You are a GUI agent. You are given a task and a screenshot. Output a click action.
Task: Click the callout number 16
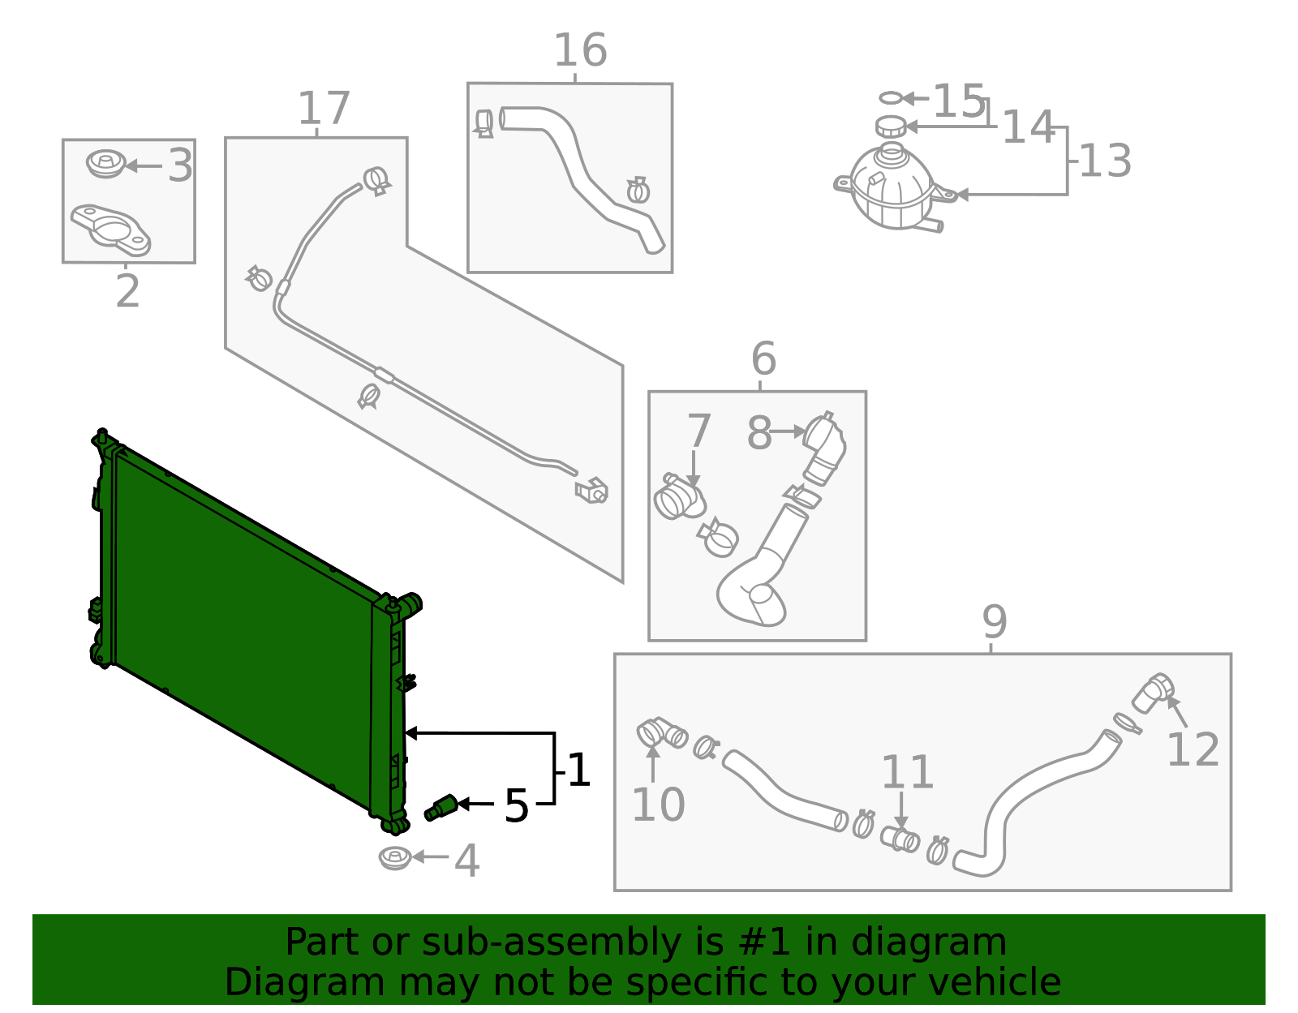[579, 51]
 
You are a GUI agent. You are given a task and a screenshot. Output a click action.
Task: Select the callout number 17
[324, 109]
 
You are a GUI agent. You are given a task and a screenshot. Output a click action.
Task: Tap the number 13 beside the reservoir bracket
[1105, 161]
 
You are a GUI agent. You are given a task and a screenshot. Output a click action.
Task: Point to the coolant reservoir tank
[892, 188]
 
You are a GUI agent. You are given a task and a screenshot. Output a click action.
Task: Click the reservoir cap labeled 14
[891, 127]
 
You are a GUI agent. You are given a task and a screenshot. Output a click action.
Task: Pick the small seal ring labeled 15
[890, 98]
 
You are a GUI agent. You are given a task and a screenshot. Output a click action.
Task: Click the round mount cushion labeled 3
[105, 164]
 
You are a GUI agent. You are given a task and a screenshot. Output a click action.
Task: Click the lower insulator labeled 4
[395, 857]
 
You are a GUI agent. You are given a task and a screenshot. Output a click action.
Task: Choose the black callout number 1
[578, 770]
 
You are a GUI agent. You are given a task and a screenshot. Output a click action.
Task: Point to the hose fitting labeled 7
[678, 498]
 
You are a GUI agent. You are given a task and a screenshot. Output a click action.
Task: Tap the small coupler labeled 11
[900, 838]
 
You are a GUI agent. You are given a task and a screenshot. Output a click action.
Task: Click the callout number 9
[995, 622]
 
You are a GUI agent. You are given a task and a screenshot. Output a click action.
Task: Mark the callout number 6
[763, 358]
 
